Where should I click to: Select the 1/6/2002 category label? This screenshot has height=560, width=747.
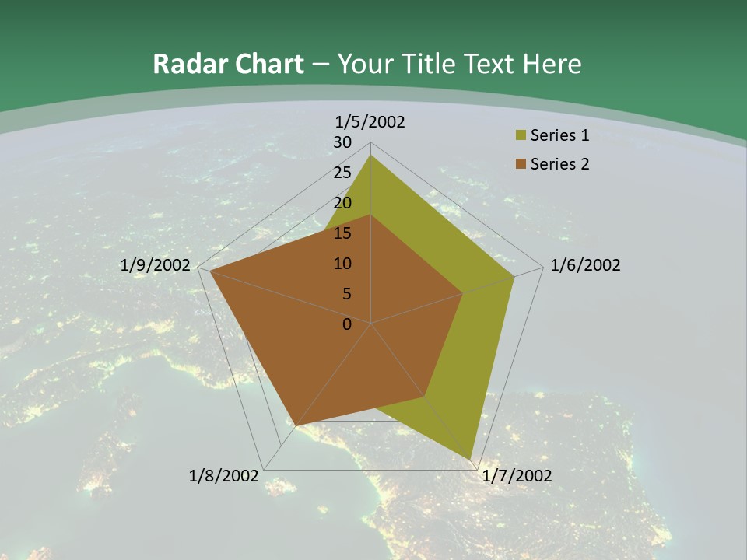585,265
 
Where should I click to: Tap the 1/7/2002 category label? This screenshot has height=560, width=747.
517,476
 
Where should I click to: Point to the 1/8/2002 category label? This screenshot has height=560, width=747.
223,476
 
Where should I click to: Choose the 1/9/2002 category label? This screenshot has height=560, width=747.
155,265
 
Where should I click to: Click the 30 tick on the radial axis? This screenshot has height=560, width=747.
342,142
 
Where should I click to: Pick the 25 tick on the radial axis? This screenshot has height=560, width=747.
342,173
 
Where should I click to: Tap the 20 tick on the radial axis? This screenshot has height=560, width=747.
342,203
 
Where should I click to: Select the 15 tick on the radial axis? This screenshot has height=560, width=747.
342,233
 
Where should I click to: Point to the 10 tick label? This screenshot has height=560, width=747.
342,264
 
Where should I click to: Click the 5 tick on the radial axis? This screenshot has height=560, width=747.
346,294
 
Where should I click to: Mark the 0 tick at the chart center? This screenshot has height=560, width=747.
347,324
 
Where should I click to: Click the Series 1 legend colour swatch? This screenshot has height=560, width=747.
521,136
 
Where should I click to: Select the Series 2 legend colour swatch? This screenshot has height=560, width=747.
521,164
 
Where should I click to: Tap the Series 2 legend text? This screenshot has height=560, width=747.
559,164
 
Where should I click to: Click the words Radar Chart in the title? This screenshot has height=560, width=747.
228,64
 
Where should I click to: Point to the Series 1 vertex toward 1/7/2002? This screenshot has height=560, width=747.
470,459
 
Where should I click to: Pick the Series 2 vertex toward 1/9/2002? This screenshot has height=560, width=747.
211,271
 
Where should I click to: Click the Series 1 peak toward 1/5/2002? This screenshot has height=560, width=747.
371,156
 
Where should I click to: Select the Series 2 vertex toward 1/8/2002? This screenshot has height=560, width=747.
296,425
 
